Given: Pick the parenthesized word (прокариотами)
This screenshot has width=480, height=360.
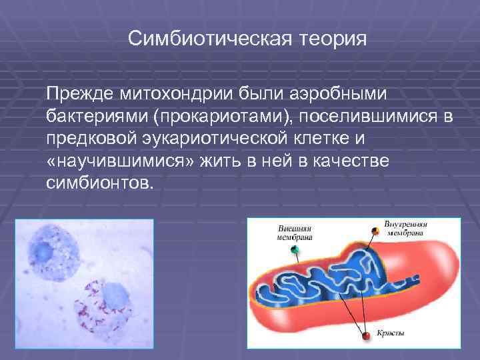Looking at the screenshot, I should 223,117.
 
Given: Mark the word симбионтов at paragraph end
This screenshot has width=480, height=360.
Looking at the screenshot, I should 99,183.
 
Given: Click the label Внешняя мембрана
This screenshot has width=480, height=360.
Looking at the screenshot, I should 295,231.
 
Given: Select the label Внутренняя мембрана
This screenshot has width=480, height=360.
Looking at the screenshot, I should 405,228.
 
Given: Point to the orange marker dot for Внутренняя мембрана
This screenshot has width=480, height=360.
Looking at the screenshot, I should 375,231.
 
